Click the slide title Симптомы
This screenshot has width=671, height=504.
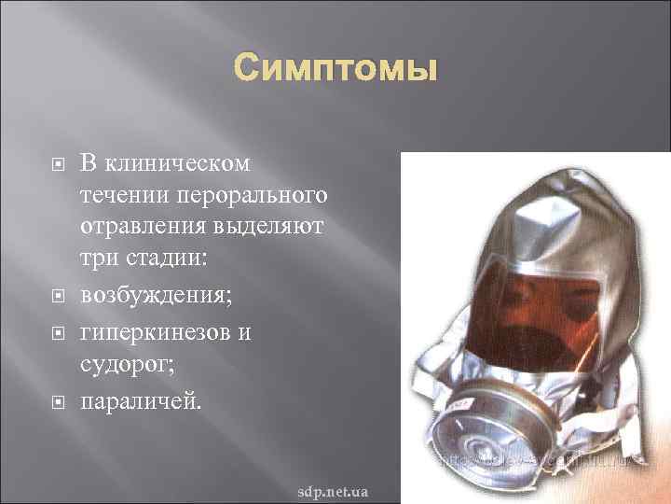click(x=335, y=68)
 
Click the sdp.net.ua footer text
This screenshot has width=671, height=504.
click(x=332, y=490)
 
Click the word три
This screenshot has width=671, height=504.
click(x=96, y=258)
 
